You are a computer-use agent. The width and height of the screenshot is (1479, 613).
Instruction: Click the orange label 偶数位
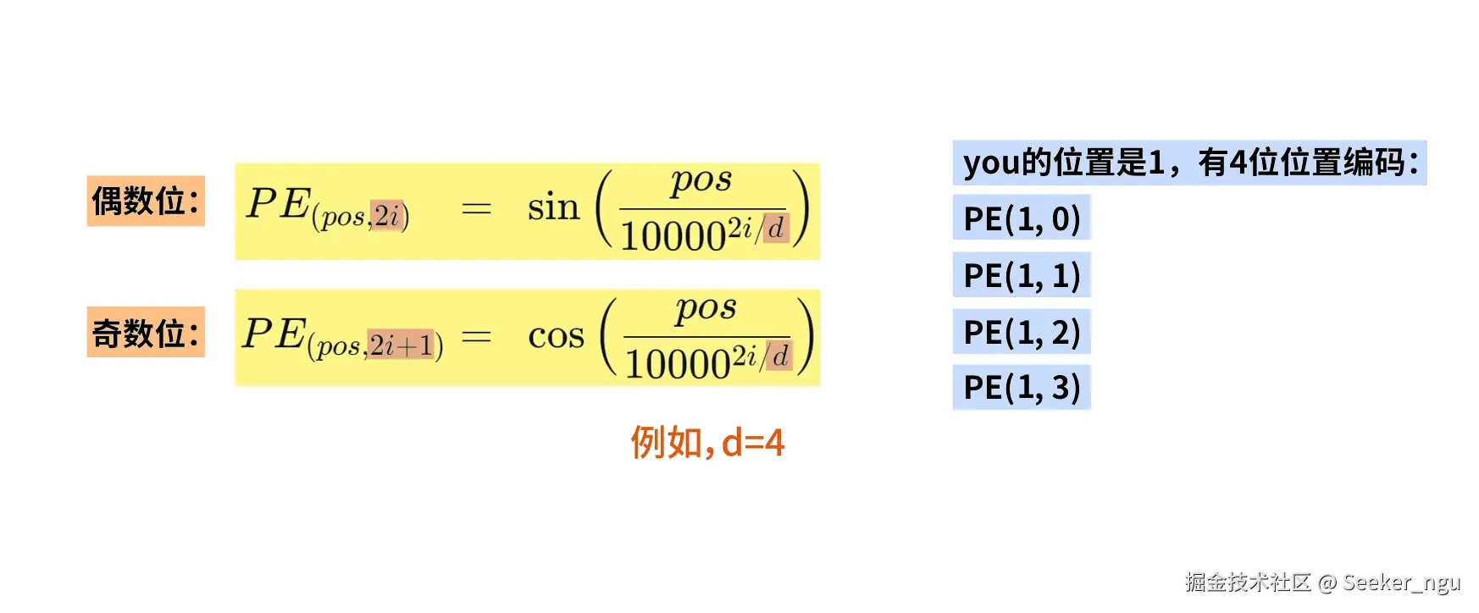click(145, 202)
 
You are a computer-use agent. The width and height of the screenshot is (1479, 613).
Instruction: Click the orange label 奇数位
click(145, 333)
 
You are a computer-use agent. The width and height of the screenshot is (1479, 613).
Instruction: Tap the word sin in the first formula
click(553, 207)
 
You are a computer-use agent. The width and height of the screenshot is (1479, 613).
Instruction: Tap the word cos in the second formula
click(556, 336)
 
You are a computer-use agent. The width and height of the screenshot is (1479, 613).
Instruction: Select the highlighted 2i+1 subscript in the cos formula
click(401, 345)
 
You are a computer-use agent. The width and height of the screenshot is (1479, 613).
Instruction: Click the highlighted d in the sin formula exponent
click(776, 227)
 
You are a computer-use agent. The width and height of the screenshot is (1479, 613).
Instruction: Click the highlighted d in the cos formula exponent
click(779, 355)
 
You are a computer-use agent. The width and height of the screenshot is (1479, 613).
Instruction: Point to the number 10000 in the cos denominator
click(677, 365)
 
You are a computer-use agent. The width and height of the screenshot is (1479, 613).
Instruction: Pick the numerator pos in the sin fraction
click(701, 180)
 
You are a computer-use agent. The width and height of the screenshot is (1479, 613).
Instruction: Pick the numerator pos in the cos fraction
click(706, 309)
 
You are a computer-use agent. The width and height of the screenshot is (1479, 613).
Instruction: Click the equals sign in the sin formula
click(476, 208)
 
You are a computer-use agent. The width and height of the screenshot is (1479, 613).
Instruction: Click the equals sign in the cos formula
click(476, 337)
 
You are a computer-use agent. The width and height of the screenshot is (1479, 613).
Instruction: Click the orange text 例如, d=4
click(707, 443)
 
